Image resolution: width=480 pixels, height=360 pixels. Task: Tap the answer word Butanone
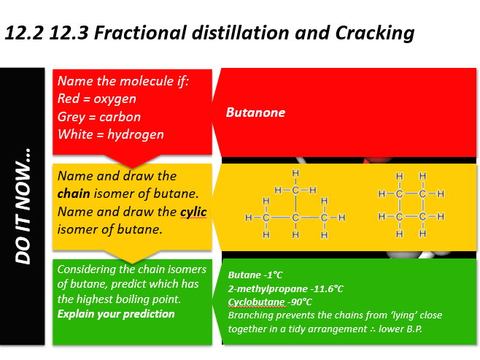point(255,112)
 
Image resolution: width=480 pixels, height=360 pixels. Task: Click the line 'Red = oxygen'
point(96,98)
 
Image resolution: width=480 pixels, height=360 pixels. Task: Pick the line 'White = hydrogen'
point(110,134)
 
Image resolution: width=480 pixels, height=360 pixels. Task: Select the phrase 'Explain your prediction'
point(116,314)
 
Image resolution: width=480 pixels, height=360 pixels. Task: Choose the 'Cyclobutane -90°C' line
point(270,302)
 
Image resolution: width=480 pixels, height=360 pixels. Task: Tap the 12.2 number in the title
point(20,33)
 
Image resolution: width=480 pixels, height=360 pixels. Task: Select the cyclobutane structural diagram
point(411,206)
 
